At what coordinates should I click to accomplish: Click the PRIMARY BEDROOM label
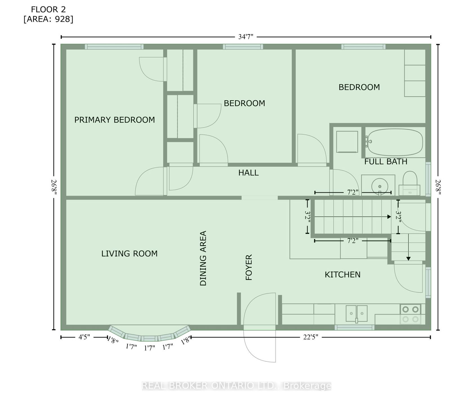click(115, 120)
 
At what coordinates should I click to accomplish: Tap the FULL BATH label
click(386, 162)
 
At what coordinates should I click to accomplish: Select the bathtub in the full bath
click(395, 142)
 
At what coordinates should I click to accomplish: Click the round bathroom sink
click(380, 186)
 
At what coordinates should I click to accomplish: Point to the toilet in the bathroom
click(410, 183)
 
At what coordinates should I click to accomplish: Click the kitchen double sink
click(357, 313)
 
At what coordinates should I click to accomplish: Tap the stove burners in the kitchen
click(410, 314)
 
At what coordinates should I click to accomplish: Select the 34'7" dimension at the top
click(246, 37)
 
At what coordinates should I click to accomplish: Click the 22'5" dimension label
click(311, 337)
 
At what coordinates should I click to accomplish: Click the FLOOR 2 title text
click(48, 10)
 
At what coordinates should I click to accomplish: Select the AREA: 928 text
click(48, 19)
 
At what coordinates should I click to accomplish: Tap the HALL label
click(248, 173)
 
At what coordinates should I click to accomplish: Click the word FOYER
click(249, 267)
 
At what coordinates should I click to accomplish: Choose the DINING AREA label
click(203, 258)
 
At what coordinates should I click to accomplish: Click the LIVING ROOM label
click(129, 254)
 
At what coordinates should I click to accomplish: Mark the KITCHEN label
click(343, 275)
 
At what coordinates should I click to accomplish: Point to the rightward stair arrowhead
click(389, 217)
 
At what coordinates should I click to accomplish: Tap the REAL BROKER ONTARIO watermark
click(236, 386)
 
